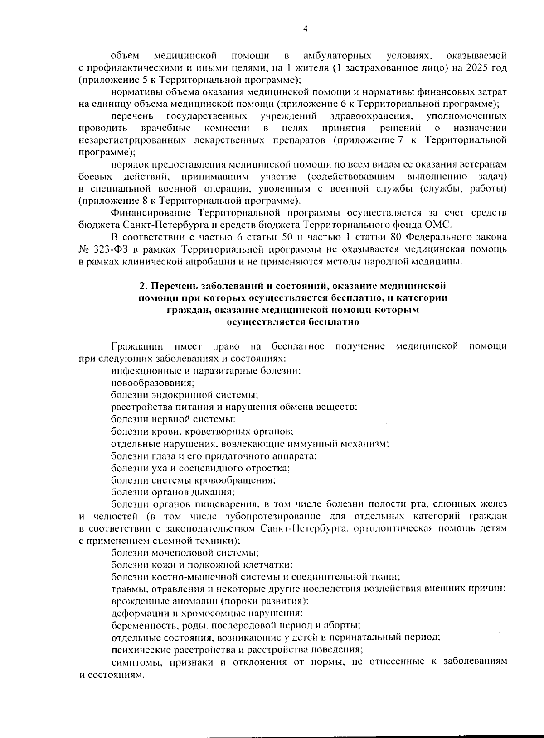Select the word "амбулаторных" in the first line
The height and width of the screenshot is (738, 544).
tap(337, 56)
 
